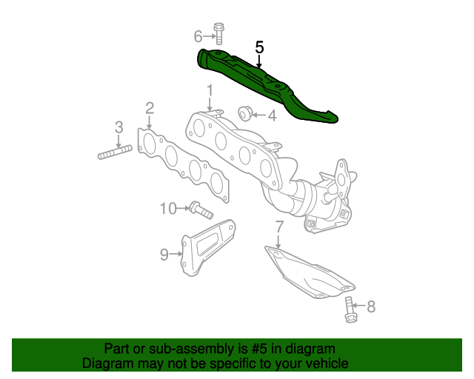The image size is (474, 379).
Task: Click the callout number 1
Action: point(210,91)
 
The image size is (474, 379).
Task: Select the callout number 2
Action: point(150,109)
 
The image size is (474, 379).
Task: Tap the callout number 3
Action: point(118,127)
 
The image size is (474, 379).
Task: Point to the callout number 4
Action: point(272,115)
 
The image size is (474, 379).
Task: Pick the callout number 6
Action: point(198,36)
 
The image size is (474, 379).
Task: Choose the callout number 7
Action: point(279,226)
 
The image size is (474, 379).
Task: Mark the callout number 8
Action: point(371,305)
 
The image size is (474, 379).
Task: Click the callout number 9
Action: point(164,255)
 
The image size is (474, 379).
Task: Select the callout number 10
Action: point(169,209)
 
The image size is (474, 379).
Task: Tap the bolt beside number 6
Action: point(219,34)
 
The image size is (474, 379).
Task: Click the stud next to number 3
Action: point(115,152)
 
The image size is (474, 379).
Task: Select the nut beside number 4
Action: point(244,113)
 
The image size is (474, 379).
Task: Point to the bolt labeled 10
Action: point(199,209)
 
